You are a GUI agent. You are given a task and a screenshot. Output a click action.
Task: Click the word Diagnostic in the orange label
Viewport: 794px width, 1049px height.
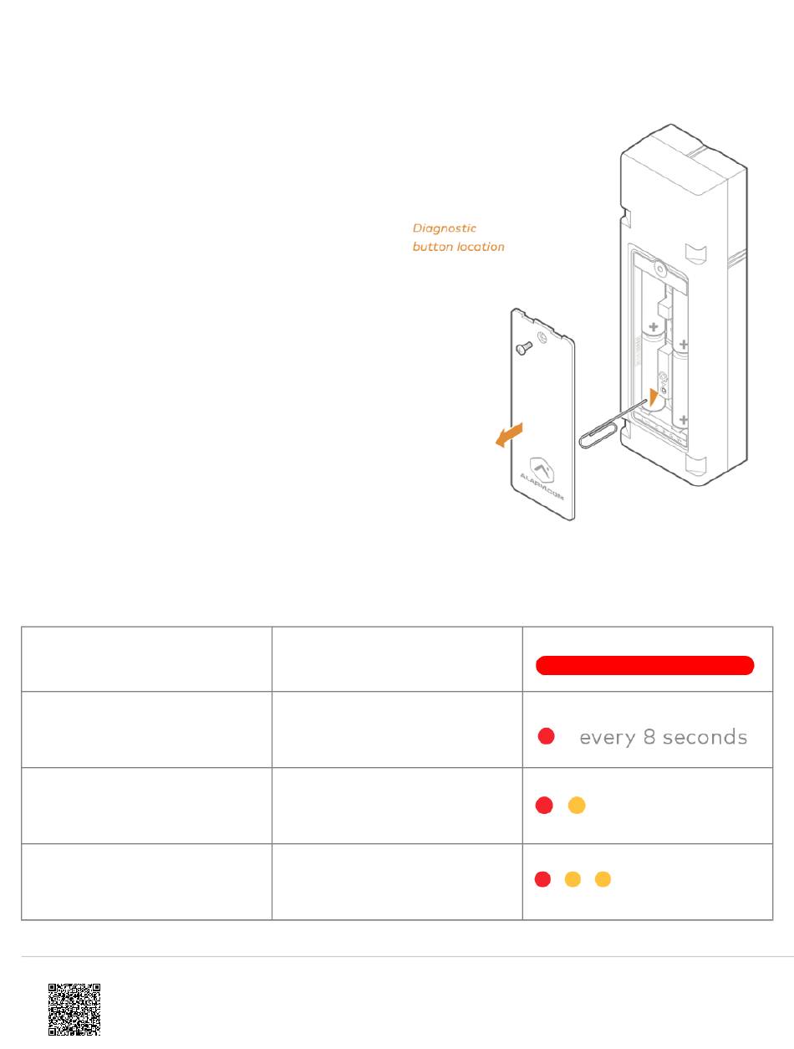[x=445, y=228]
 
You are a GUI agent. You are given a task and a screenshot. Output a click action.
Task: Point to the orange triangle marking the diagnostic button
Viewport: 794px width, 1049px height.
[x=654, y=397]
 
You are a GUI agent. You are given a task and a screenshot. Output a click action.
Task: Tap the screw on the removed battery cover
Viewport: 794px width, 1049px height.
[x=524, y=345]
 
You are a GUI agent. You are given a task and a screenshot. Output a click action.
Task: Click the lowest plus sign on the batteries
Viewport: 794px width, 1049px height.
[x=684, y=420]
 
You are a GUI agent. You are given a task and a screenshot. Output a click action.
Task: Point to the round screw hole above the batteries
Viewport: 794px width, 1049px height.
[x=660, y=269]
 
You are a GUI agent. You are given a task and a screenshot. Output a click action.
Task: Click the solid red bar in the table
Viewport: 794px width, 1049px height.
[x=645, y=665]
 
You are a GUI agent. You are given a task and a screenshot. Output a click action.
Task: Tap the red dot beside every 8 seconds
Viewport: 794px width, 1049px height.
[x=546, y=737]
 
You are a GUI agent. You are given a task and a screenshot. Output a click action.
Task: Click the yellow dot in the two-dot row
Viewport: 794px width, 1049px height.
[x=576, y=806]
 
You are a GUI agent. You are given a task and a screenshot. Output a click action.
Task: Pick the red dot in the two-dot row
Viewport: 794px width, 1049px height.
[x=544, y=806]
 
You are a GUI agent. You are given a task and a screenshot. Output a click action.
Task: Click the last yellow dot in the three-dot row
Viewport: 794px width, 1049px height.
[x=603, y=879]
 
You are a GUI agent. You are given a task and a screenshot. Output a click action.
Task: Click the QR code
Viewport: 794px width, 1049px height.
[x=74, y=1010]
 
